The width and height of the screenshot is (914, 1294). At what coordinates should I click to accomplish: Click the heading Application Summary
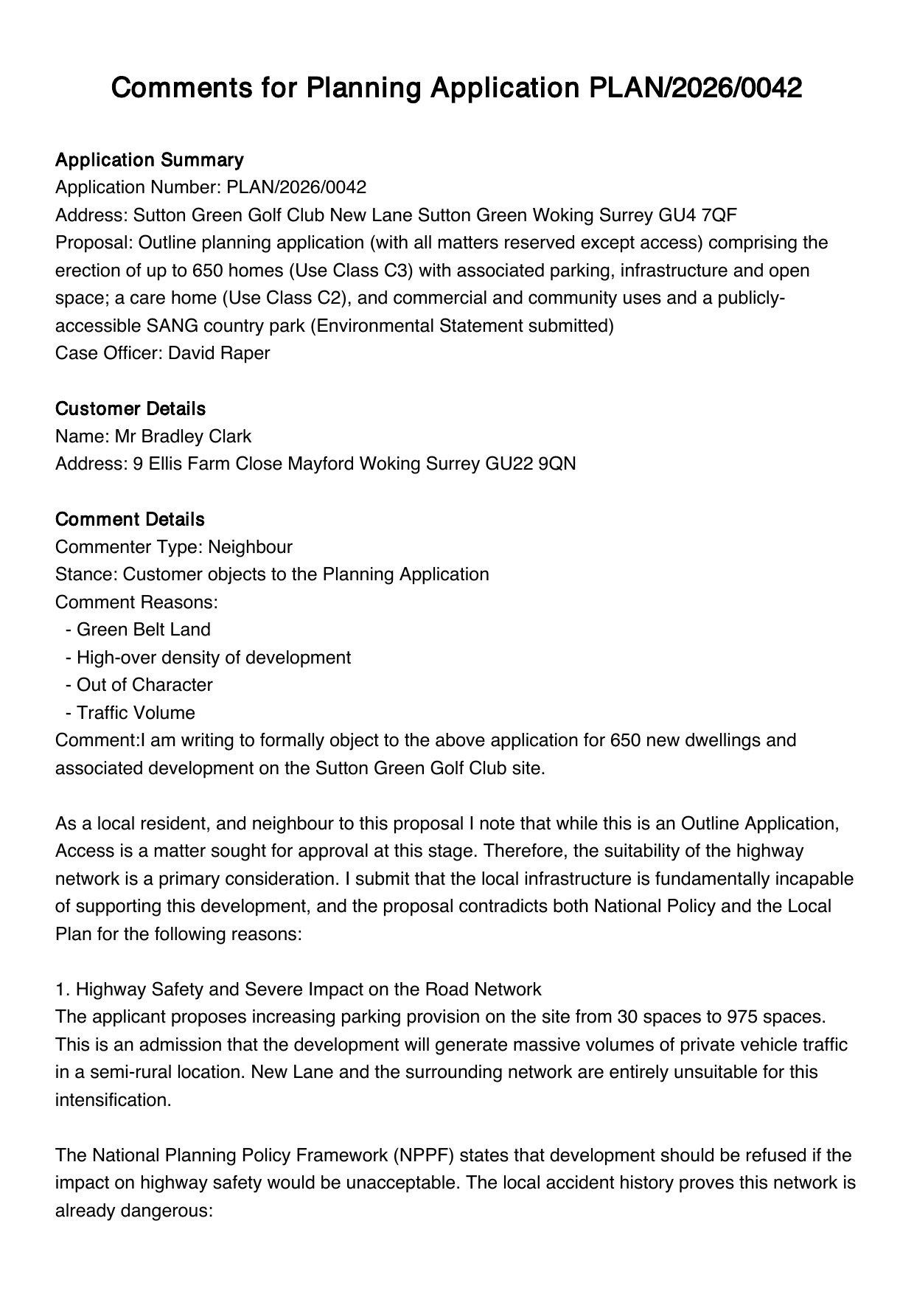tap(149, 160)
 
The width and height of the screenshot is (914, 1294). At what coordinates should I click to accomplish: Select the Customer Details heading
tap(130, 408)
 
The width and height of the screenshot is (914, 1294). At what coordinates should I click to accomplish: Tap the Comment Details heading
tap(130, 519)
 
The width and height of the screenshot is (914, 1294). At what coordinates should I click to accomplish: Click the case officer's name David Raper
tap(219, 353)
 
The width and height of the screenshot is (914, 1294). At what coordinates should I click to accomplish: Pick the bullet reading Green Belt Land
tap(143, 630)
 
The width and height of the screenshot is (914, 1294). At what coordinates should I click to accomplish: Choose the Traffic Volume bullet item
tap(136, 713)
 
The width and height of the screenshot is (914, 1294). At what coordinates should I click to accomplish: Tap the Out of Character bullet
tap(144, 685)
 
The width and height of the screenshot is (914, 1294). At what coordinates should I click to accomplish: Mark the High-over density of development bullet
tap(213, 658)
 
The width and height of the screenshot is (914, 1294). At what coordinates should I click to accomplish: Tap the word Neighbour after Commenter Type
tap(250, 547)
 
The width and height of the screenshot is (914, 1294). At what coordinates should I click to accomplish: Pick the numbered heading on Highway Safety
tap(299, 989)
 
